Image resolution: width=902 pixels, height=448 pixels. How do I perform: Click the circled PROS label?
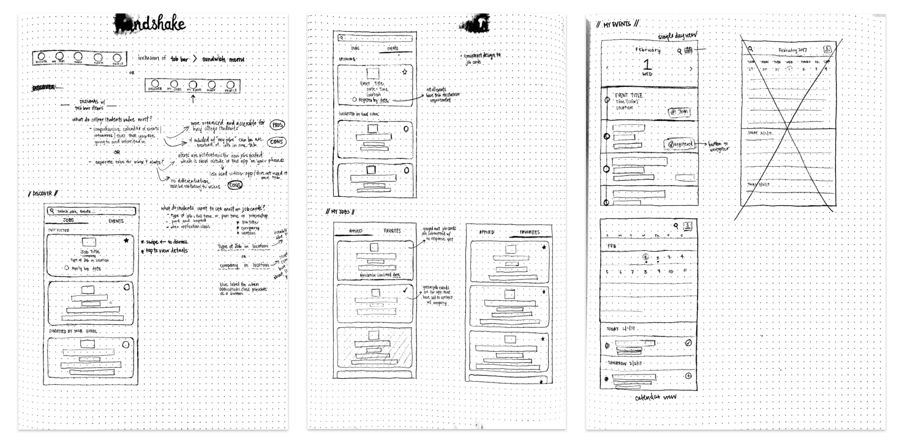click(x=277, y=125)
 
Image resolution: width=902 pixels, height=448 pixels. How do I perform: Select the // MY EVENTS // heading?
click(x=618, y=25)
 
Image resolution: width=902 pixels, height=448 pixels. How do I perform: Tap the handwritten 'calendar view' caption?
click(x=655, y=397)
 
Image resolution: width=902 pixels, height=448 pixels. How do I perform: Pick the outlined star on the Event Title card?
click(x=404, y=72)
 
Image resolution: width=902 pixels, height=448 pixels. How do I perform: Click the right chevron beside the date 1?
click(x=691, y=69)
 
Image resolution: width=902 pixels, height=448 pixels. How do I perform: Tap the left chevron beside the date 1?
click(x=607, y=69)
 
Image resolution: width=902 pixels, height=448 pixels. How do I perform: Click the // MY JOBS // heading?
click(x=340, y=211)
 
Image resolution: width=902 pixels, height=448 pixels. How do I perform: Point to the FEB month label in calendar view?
click(x=611, y=245)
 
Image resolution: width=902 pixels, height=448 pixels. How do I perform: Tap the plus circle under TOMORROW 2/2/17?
click(x=688, y=376)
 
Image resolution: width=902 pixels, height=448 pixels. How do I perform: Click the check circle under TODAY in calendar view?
click(x=688, y=343)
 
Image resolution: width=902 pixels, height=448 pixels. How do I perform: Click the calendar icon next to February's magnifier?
click(x=688, y=50)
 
